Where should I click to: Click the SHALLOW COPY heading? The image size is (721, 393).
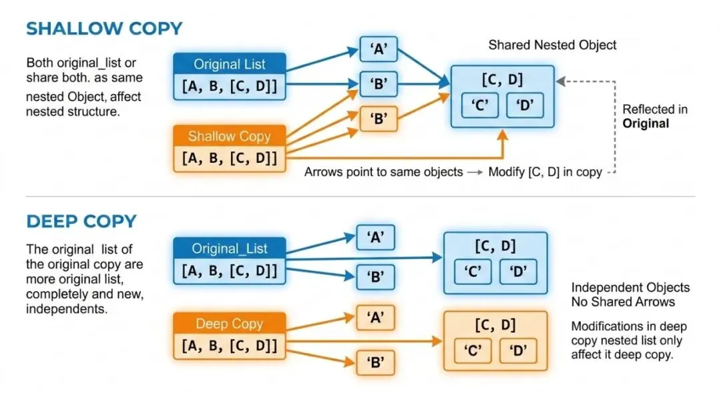click(x=103, y=29)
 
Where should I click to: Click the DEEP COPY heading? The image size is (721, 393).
click(x=81, y=221)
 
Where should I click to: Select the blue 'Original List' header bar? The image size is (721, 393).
click(x=230, y=64)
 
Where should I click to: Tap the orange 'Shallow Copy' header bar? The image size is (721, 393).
click(x=230, y=136)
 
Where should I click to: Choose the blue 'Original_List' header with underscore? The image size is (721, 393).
click(x=230, y=248)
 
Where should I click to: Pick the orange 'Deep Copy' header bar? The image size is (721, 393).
click(x=230, y=324)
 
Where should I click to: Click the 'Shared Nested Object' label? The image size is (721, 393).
click(x=552, y=45)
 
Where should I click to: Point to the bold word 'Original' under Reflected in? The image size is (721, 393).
click(x=645, y=123)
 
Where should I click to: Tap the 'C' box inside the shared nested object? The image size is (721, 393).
click(x=480, y=106)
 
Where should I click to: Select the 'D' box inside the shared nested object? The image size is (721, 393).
click(x=524, y=106)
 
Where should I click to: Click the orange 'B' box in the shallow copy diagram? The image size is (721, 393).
click(x=379, y=119)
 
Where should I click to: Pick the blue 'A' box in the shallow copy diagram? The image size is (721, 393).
click(x=379, y=49)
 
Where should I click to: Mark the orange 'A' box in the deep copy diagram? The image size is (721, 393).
click(x=375, y=318)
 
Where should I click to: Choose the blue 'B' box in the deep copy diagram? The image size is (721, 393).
click(x=375, y=277)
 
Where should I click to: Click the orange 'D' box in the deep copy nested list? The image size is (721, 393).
click(x=518, y=351)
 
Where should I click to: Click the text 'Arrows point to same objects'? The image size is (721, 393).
click(x=383, y=172)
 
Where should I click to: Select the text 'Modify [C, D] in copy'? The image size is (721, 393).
click(x=545, y=172)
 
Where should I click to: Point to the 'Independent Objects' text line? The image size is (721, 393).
click(x=630, y=288)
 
